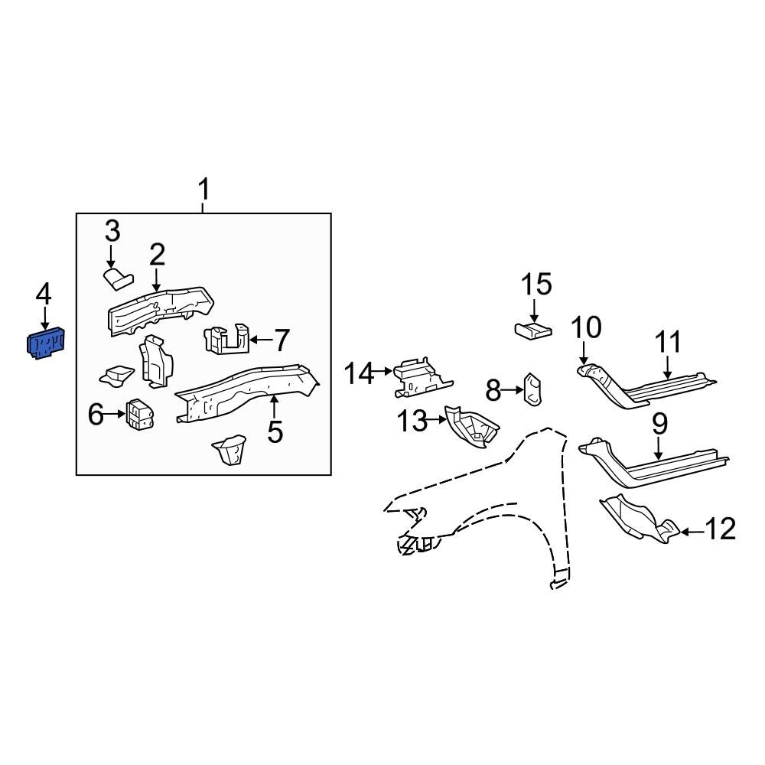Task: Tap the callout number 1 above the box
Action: coord(203,189)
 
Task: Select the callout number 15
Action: coord(536,285)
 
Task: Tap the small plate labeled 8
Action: coord(532,389)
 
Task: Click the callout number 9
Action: coord(659,423)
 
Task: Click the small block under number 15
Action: coord(533,330)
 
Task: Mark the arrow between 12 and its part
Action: coord(690,531)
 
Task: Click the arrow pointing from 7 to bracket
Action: coord(262,339)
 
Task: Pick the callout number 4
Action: coord(44,293)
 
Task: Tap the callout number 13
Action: coord(414,420)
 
